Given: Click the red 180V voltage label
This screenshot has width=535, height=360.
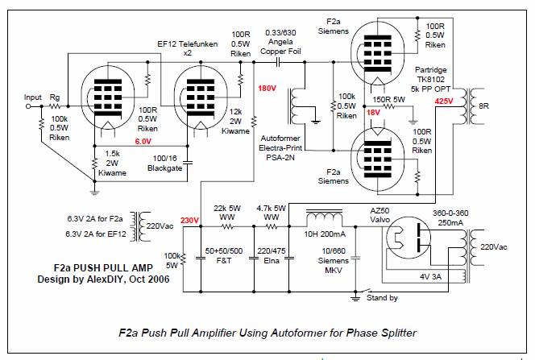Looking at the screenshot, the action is pyautogui.click(x=267, y=89).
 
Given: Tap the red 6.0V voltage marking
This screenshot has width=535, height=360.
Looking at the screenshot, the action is pyautogui.click(x=143, y=141).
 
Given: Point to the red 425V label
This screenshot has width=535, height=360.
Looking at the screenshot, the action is pyautogui.click(x=444, y=101).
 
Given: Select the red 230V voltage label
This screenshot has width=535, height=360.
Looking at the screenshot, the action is pyautogui.click(x=189, y=220).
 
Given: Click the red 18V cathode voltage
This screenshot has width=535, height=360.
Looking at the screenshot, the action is pyautogui.click(x=373, y=113).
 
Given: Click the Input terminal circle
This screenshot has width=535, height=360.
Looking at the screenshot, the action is pyautogui.click(x=28, y=106).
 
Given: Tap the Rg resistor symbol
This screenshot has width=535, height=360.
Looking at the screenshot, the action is pyautogui.click(x=55, y=106).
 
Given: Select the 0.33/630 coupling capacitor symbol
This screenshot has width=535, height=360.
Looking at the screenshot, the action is pyautogui.click(x=278, y=62).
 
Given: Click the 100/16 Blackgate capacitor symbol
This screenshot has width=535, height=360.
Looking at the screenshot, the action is pyautogui.click(x=187, y=162).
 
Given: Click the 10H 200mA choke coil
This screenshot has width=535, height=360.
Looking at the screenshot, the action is pyautogui.click(x=325, y=217).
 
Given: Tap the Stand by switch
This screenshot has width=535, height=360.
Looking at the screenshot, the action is pyautogui.click(x=364, y=291).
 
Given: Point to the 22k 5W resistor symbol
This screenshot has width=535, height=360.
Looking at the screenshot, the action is pyautogui.click(x=227, y=226).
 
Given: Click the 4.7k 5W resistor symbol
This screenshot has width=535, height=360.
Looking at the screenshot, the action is pyautogui.click(x=272, y=226).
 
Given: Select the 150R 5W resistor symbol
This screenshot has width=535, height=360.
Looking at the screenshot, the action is pyautogui.click(x=388, y=106).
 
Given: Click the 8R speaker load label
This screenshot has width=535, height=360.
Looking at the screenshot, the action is pyautogui.click(x=483, y=106).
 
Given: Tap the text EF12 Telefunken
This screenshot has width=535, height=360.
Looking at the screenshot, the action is pyautogui.click(x=187, y=44).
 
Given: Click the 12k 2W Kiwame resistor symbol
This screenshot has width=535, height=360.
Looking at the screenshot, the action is pyautogui.click(x=254, y=121).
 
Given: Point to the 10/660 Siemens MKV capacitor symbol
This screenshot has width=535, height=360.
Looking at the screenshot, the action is pyautogui.click(x=355, y=258).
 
